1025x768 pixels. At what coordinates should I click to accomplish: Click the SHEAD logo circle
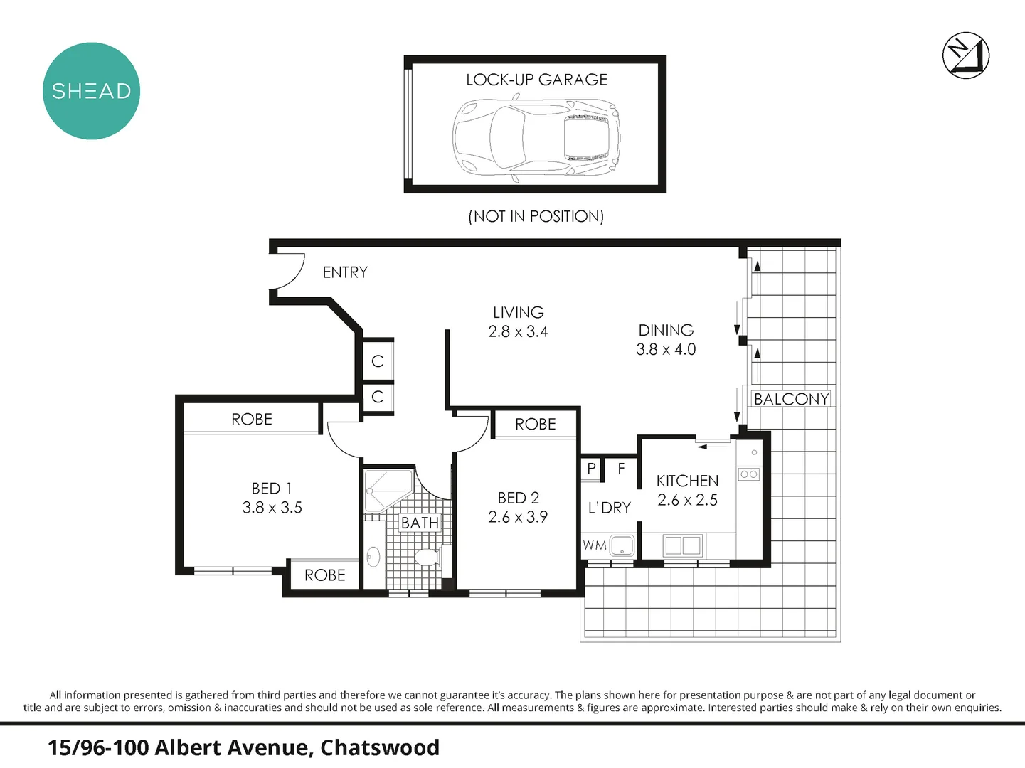[x=91, y=91]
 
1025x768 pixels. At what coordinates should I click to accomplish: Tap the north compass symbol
[x=966, y=55]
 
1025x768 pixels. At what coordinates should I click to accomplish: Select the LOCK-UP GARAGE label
[x=536, y=80]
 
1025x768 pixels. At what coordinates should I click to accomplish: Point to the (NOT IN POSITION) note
[x=536, y=216]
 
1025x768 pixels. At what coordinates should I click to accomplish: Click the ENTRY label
[x=345, y=272]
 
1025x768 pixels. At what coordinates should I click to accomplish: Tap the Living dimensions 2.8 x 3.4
[x=518, y=331]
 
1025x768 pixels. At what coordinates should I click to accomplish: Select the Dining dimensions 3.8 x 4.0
[x=666, y=349]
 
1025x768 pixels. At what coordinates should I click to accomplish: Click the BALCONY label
[x=791, y=399]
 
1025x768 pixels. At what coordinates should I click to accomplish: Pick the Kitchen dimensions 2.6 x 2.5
[x=687, y=500]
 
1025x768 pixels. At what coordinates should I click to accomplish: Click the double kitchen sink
[x=683, y=545]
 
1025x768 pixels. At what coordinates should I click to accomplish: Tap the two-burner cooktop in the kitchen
[x=748, y=474]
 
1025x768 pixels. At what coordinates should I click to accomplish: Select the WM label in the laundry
[x=595, y=545]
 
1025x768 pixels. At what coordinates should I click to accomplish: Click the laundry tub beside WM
[x=622, y=545]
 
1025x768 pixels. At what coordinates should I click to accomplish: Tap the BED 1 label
[x=272, y=489]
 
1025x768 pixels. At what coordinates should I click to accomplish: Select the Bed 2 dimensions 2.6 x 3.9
[x=518, y=517]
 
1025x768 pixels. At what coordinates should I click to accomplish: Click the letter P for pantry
[x=591, y=469]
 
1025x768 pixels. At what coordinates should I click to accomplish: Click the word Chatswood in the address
[x=380, y=747]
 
